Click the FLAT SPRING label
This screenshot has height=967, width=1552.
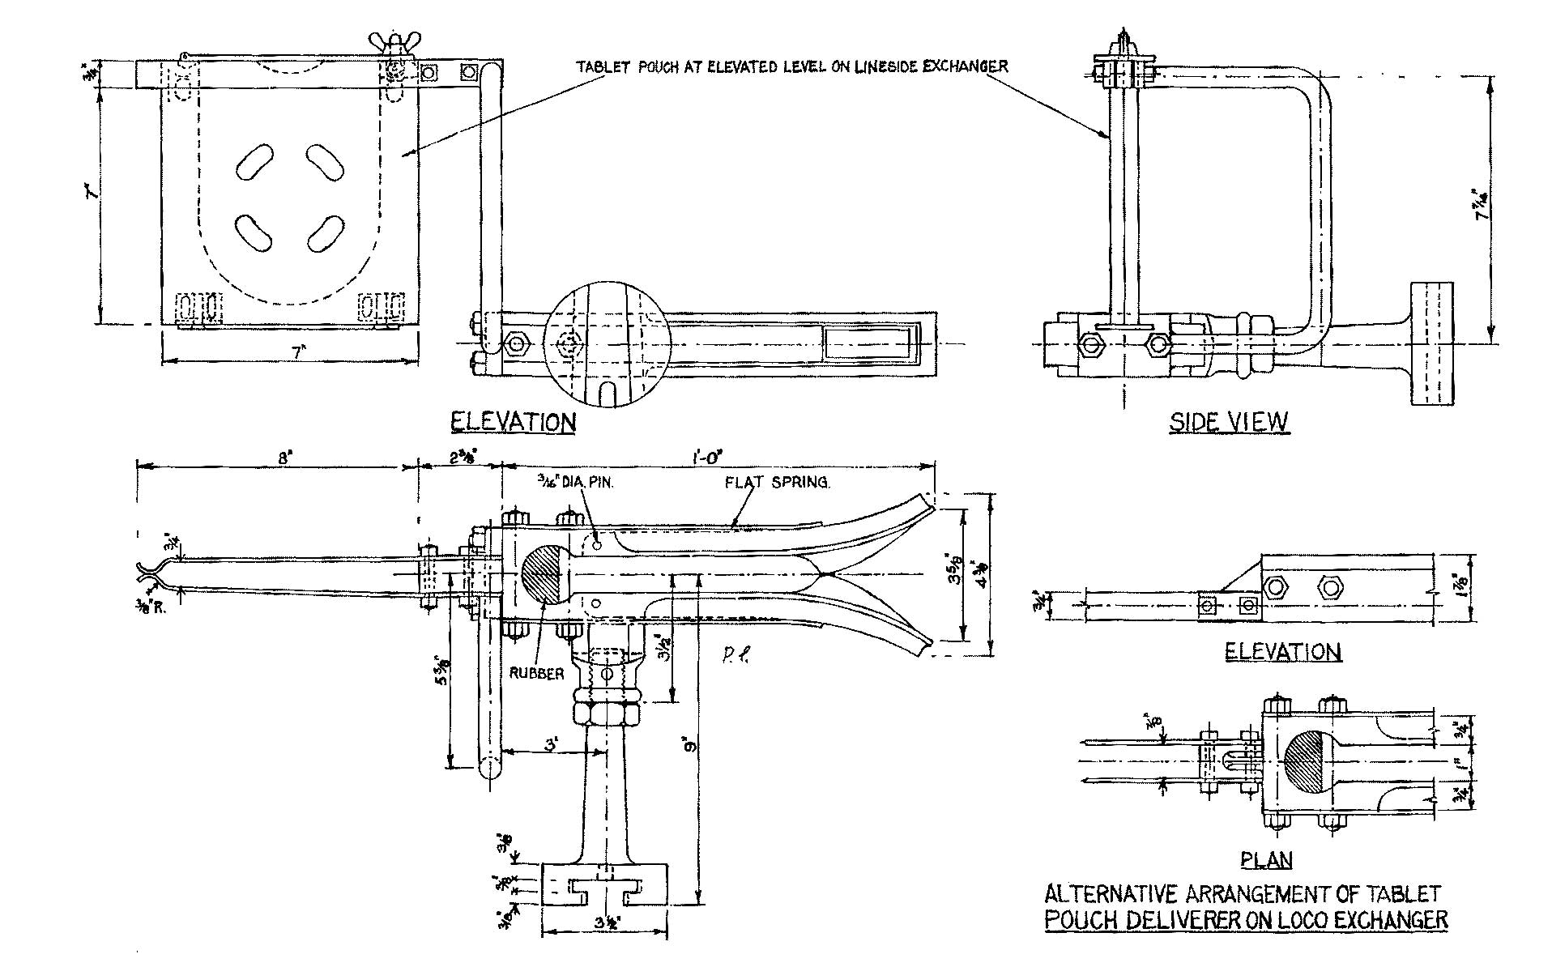coord(777,483)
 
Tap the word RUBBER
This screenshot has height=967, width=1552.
coord(536,673)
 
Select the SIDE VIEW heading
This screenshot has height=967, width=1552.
coord(1228,422)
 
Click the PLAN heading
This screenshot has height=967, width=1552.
coord(1266,860)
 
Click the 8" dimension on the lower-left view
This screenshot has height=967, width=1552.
coord(284,457)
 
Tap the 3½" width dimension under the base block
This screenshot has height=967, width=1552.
coord(603,922)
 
